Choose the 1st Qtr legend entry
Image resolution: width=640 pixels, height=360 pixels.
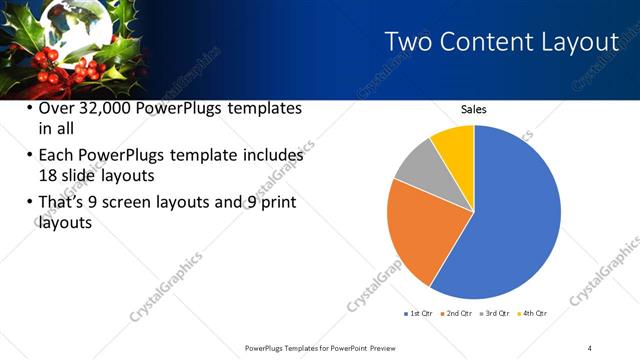point(419,313)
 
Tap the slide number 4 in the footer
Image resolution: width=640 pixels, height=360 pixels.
point(590,347)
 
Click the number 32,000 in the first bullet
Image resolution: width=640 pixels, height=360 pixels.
point(108,108)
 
